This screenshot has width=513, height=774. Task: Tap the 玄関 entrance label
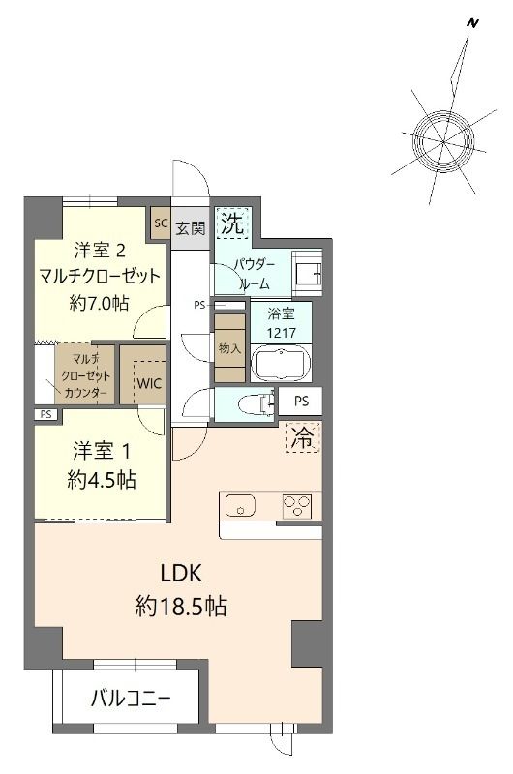[x=190, y=229]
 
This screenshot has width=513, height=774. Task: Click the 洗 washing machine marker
[x=231, y=225]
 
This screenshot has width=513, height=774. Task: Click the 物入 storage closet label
[x=230, y=348]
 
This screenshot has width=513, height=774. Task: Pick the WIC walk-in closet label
[x=149, y=382]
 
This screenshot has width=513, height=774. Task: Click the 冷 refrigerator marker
[x=303, y=436]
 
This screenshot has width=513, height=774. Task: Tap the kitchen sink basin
[x=239, y=505]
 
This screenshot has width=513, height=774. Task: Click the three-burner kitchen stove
[x=297, y=505]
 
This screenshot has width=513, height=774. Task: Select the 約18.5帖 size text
[x=181, y=607]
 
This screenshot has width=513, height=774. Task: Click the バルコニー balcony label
[x=131, y=698]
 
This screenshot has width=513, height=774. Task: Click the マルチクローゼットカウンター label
[x=83, y=373]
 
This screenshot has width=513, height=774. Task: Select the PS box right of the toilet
[x=301, y=401]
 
